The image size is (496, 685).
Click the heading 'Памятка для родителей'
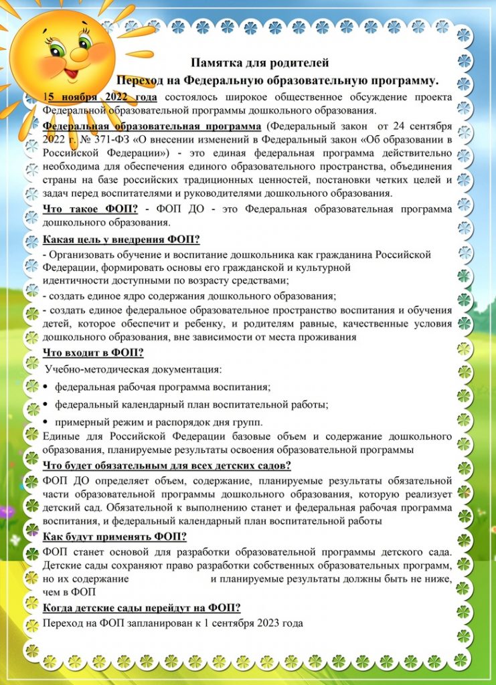tap(260, 64)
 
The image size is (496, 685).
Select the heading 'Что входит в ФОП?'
tap(93, 353)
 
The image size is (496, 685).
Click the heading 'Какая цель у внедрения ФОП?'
tap(121, 239)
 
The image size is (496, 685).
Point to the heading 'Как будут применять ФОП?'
tap(114, 536)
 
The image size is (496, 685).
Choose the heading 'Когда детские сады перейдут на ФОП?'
tap(141, 607)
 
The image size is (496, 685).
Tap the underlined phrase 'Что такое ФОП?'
tap(90, 209)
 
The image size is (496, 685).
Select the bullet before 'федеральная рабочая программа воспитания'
tap(45, 387)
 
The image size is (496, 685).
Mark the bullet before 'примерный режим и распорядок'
tap(45, 422)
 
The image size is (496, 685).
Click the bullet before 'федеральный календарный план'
tap(45, 405)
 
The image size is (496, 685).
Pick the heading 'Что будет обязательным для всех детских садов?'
tap(176, 466)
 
